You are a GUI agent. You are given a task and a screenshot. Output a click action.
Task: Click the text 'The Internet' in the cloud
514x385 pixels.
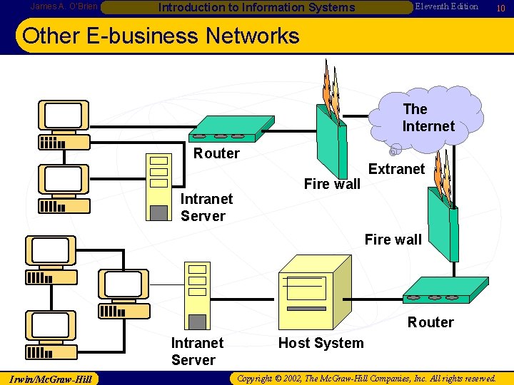tap(428, 118)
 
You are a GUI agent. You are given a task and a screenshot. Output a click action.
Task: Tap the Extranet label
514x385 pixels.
tap(396, 169)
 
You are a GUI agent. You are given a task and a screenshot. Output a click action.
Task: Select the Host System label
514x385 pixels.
tap(321, 343)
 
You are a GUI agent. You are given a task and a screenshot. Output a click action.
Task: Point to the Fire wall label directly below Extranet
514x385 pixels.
tap(393, 240)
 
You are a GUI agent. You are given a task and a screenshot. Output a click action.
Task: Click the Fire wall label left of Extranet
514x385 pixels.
tap(332, 184)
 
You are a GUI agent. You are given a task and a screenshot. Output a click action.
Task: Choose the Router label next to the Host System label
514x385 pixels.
tap(430, 322)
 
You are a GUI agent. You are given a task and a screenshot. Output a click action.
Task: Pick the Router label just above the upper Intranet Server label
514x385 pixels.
tap(216, 153)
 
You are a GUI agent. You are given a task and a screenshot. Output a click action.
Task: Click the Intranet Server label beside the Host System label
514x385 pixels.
tap(197, 351)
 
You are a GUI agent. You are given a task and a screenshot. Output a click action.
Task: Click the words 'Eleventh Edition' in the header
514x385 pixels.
tap(447, 6)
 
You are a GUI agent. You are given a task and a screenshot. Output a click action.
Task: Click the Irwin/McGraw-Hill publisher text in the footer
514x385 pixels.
tap(50, 379)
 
